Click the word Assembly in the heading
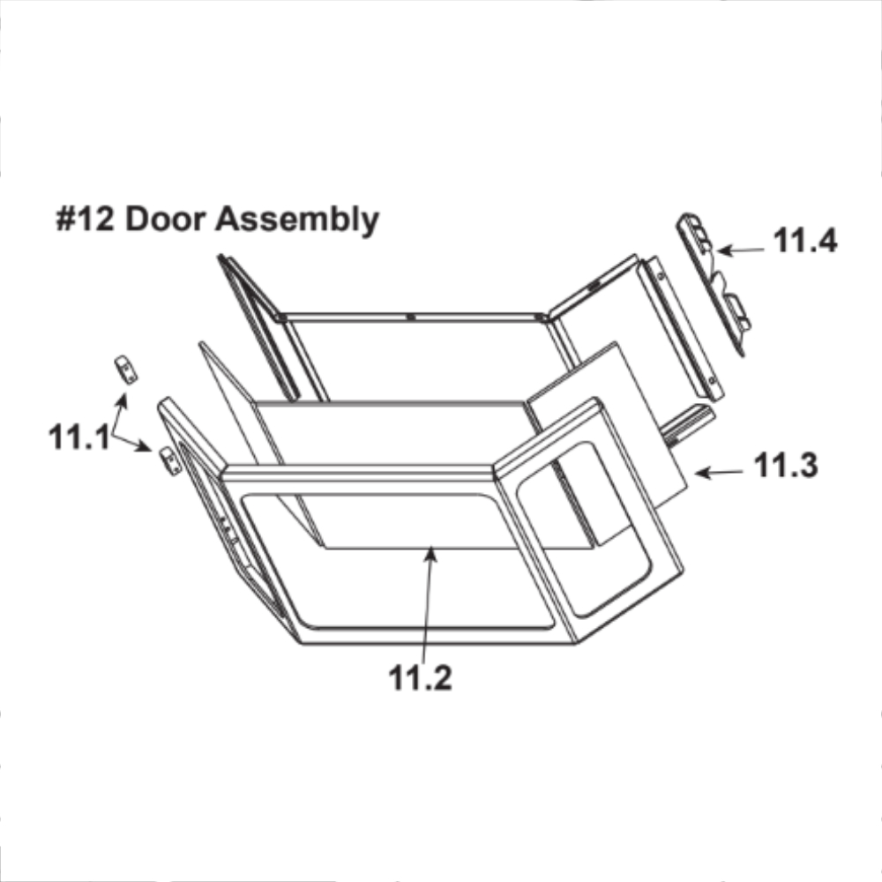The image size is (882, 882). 297,220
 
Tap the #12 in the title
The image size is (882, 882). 85,218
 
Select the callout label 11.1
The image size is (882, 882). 78,437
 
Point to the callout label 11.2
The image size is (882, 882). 420,677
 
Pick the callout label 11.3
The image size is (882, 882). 786,465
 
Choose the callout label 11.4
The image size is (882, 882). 805,240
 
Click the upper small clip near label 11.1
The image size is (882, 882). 126,369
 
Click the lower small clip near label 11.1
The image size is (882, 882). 171,461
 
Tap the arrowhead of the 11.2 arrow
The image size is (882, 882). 430,554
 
